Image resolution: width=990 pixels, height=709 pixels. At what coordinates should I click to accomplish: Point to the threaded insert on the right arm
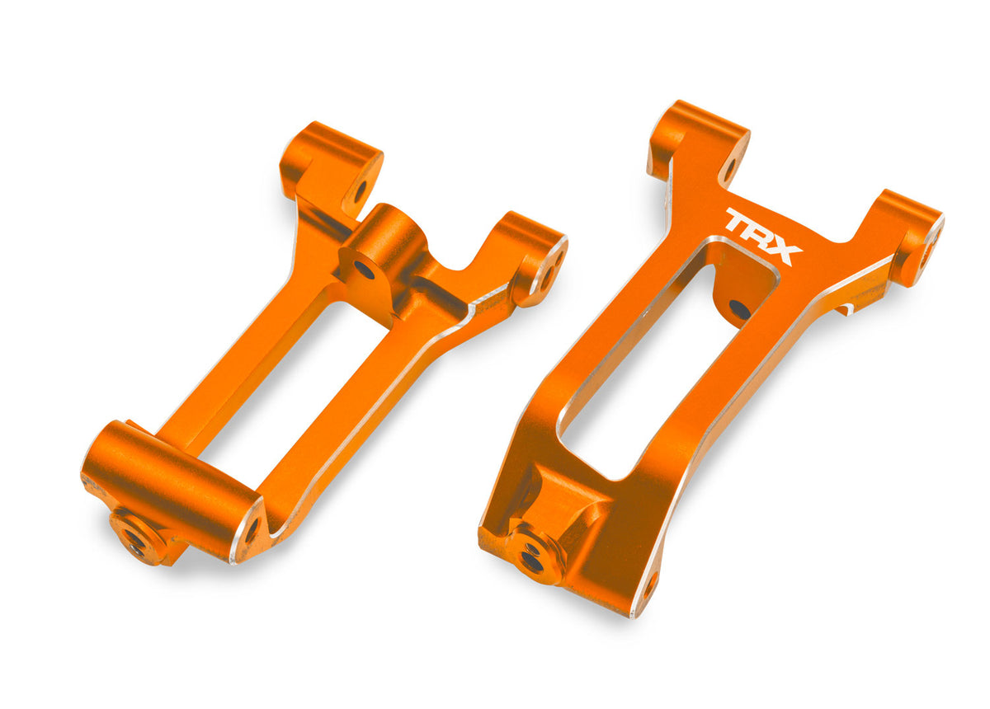pos(531,560)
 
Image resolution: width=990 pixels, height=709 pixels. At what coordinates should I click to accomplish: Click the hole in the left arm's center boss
pos(364,268)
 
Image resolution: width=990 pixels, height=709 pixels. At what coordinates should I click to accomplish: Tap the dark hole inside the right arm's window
pos(739,309)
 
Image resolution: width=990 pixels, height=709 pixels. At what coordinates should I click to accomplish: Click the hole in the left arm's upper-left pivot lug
pos(360,190)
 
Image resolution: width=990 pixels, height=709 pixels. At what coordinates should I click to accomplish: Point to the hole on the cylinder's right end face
pos(251,529)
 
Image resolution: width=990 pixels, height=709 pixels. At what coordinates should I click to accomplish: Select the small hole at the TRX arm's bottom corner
pos(648,586)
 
